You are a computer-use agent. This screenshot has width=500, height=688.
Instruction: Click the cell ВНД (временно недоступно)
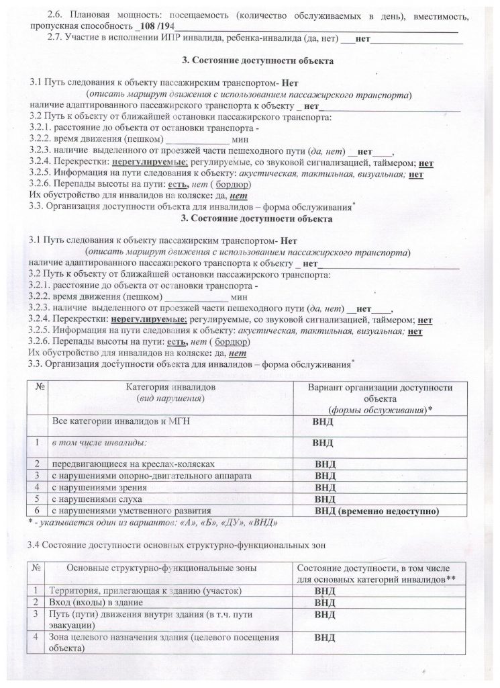[x=376, y=510]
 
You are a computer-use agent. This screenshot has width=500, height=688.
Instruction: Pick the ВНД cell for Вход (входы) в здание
[x=325, y=602]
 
